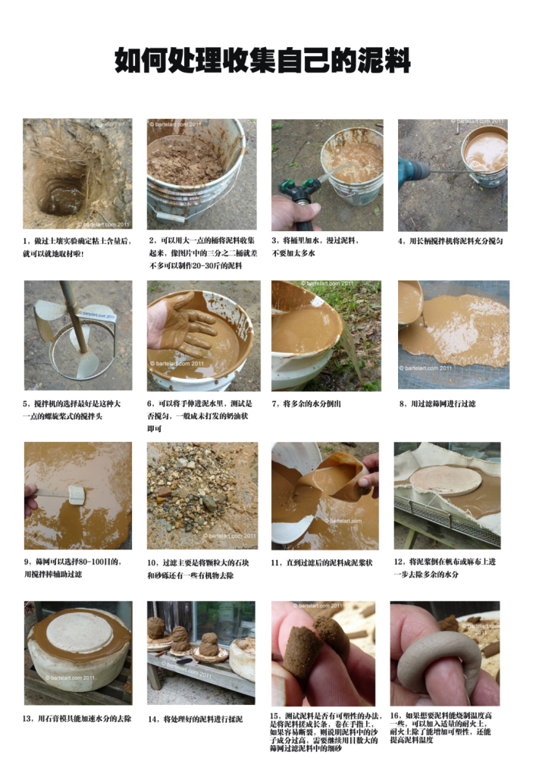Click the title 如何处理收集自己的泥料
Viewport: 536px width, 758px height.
point(262,60)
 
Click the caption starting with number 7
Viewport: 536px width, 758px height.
point(306,404)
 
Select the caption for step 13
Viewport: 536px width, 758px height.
point(77,719)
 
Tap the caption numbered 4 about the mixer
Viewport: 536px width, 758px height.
point(450,241)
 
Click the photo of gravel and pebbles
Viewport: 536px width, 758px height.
point(202,496)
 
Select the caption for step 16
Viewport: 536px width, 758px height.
point(440,728)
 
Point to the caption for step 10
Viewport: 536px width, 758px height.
point(198,569)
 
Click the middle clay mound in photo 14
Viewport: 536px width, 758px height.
point(180,639)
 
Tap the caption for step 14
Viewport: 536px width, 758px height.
point(196,719)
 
